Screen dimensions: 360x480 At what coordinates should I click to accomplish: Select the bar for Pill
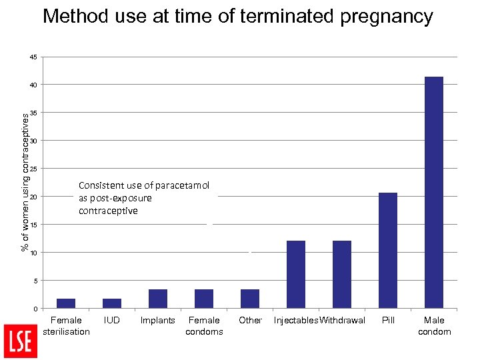point(388,250)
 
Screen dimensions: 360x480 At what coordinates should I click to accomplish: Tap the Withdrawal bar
point(342,274)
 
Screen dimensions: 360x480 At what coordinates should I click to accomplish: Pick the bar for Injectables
point(296,274)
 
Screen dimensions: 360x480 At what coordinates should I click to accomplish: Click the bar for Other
point(250,299)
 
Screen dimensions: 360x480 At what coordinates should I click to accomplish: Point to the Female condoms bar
point(204,299)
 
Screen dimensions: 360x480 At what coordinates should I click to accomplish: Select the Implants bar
point(158,299)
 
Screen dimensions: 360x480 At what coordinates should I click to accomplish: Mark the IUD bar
point(112,303)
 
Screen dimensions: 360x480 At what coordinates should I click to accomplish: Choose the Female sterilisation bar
point(66,303)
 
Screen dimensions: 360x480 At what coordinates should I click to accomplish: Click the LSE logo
point(21,341)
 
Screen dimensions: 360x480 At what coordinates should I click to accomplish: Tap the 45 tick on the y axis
point(33,57)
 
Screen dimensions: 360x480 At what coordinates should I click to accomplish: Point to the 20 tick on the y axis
point(33,197)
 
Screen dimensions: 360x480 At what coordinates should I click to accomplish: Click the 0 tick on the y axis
point(35,309)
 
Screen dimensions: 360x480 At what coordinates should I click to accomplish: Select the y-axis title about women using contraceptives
point(25,181)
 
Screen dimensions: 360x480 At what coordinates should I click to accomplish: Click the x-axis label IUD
point(112,320)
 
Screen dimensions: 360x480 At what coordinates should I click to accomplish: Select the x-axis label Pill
point(388,320)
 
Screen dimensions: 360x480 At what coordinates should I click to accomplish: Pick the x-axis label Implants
point(158,320)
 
